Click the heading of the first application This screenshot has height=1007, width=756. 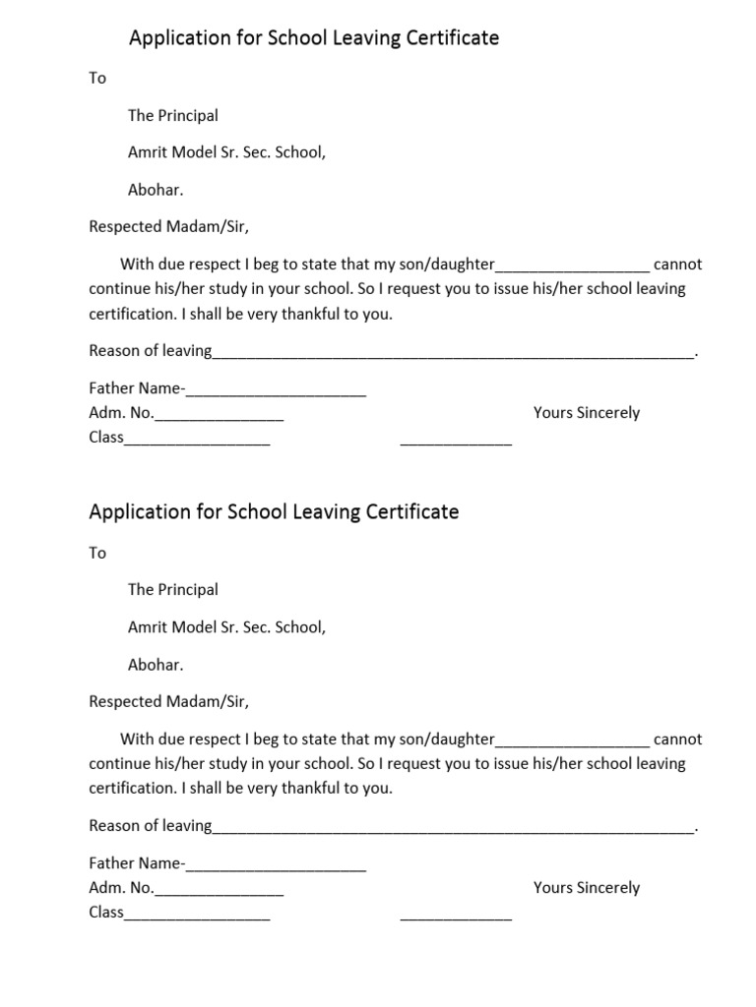[x=314, y=38]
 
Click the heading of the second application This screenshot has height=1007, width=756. [x=274, y=512]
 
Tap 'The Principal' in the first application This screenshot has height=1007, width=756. [x=173, y=116]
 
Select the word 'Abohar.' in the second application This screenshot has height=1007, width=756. [x=156, y=665]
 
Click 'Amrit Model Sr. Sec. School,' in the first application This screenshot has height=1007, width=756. [x=226, y=153]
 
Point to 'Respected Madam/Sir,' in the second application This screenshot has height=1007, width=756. [x=169, y=702]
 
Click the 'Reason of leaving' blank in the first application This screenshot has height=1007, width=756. [x=453, y=354]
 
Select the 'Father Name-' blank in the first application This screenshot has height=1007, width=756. [x=276, y=392]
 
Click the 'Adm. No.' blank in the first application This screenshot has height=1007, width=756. [x=219, y=416]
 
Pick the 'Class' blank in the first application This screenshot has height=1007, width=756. [x=197, y=441]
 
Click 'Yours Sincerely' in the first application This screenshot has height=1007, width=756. [x=587, y=413]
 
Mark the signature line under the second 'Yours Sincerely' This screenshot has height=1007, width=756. [x=456, y=916]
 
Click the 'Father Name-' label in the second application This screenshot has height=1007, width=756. [x=136, y=864]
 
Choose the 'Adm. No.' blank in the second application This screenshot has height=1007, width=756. [x=219, y=891]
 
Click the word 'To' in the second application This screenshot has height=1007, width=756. [x=97, y=554]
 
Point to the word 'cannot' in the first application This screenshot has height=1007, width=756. [x=678, y=266]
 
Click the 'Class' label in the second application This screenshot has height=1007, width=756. [x=106, y=913]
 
